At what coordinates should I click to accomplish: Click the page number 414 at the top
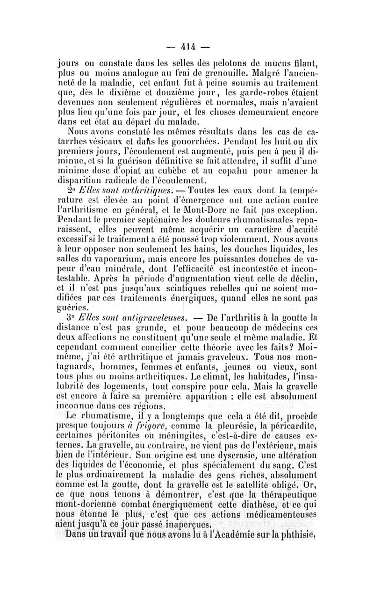tap(188, 47)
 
